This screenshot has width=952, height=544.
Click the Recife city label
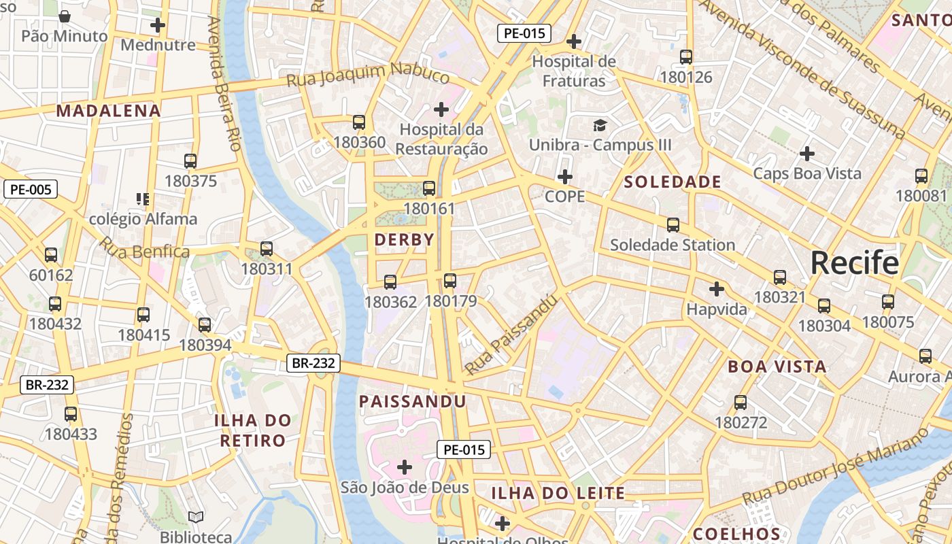(x=854, y=262)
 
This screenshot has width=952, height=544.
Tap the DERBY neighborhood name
(x=404, y=239)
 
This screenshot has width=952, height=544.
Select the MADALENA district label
(x=109, y=111)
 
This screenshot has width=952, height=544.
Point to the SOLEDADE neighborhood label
(x=672, y=182)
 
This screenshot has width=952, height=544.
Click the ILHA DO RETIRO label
(x=253, y=430)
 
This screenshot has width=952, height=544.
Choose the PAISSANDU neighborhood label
(x=412, y=401)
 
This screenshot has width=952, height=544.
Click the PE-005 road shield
(x=31, y=189)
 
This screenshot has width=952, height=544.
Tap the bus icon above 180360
(x=359, y=122)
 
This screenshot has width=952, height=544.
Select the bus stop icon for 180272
(x=741, y=403)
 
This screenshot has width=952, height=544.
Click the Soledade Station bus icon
(x=673, y=224)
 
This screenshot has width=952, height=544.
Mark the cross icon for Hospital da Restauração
(x=441, y=109)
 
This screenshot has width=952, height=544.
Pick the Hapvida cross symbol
(x=716, y=289)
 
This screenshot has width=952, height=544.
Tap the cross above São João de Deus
(x=405, y=466)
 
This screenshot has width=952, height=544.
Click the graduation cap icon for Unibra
(x=600, y=125)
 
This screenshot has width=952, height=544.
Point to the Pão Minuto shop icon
(x=65, y=16)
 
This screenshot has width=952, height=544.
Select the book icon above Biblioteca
(x=196, y=517)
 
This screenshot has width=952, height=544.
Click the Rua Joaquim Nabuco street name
(x=367, y=75)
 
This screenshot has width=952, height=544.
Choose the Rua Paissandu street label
(x=511, y=334)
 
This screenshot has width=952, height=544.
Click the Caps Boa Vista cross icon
(x=806, y=153)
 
